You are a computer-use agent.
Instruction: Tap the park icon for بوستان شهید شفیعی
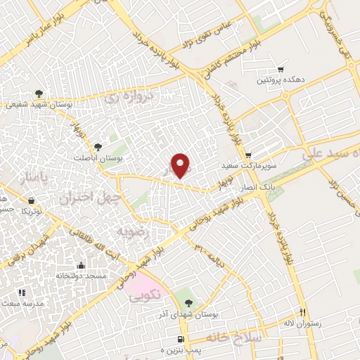tap(39, 94)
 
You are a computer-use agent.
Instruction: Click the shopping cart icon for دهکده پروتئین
tap(281, 70)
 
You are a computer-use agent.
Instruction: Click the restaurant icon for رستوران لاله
tap(303, 311)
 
